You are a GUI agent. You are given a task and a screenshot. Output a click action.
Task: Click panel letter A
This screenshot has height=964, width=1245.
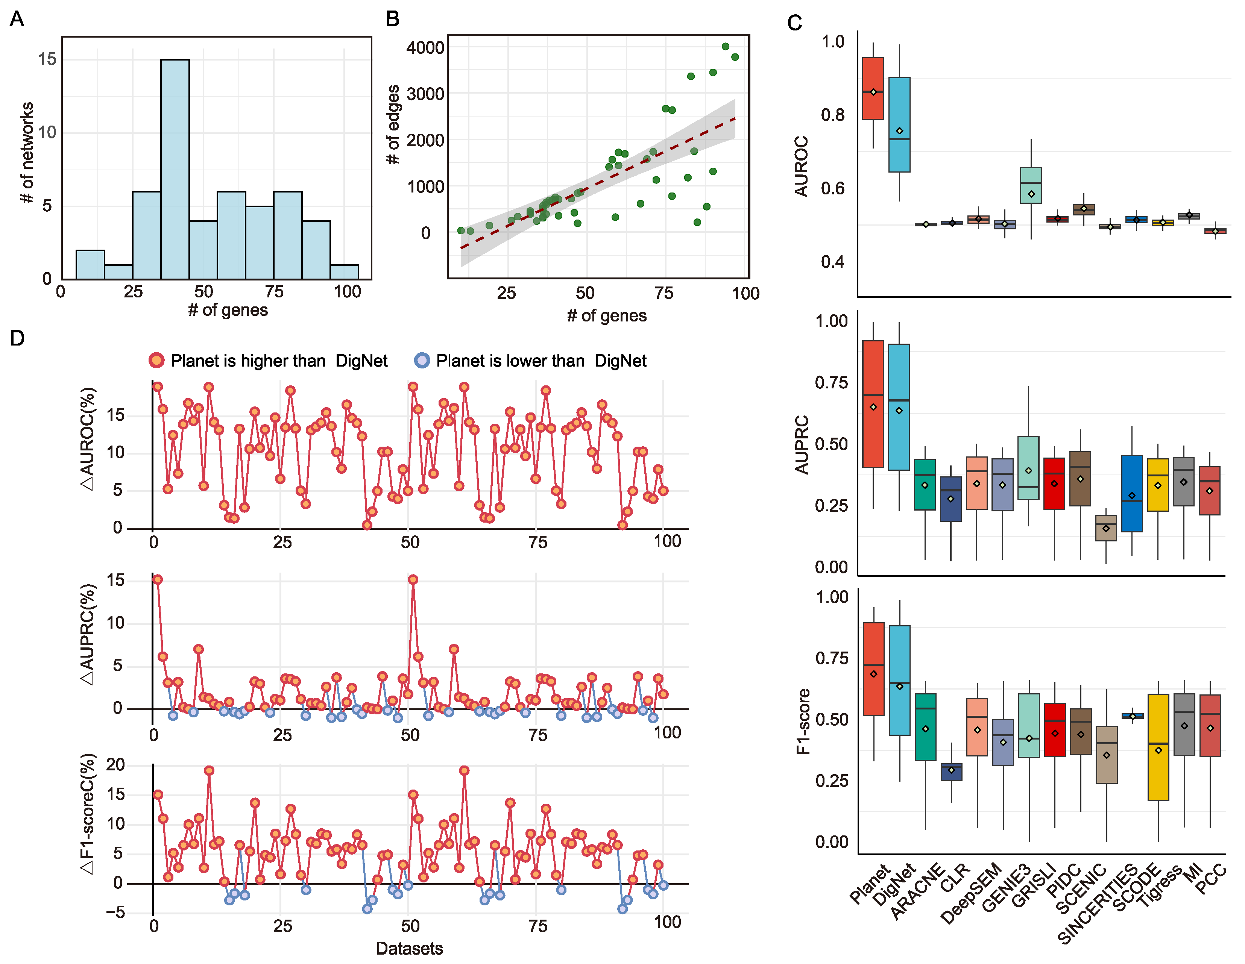point(17,19)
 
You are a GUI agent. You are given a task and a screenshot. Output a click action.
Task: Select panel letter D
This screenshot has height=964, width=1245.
point(17,338)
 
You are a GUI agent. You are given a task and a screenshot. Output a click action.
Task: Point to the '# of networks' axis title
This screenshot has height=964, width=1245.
point(26,153)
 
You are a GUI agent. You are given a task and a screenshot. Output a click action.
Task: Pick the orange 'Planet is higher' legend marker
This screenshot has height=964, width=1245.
point(156,360)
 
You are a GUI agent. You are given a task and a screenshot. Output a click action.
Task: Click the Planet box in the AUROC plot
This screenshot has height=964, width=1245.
point(873,88)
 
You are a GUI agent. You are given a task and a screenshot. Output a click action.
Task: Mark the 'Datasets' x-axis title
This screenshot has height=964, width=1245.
point(409,948)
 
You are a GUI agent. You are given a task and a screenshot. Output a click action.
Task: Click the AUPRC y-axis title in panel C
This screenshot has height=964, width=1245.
point(802,444)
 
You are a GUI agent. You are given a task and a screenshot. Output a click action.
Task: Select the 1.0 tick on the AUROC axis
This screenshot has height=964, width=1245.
point(833,42)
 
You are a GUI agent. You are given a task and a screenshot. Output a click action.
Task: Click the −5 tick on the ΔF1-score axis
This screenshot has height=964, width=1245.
point(115,912)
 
